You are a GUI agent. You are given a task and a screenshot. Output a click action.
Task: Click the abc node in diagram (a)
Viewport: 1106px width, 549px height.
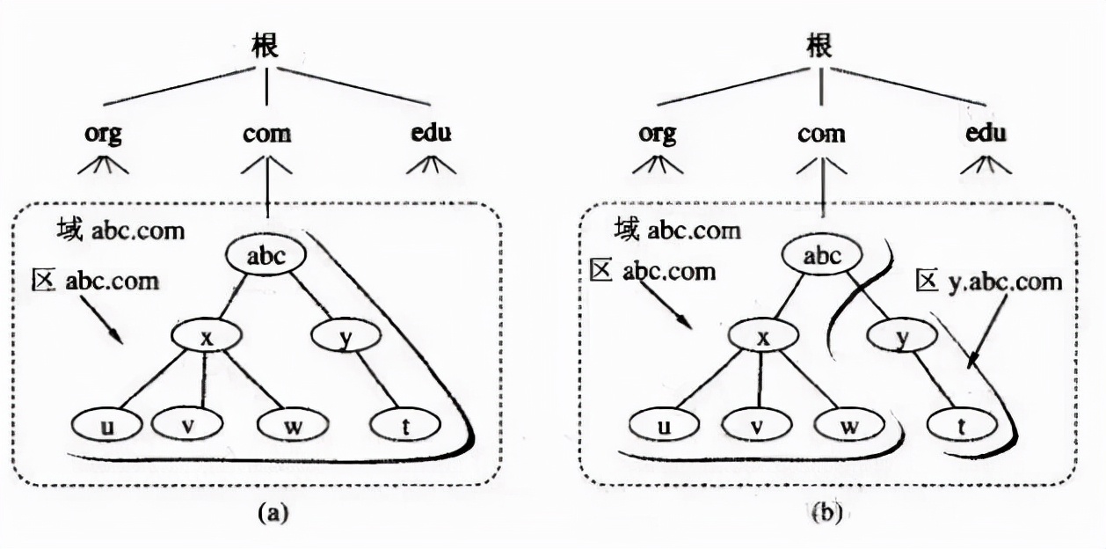266,256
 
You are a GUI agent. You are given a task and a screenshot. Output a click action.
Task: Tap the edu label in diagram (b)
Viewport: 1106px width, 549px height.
984,134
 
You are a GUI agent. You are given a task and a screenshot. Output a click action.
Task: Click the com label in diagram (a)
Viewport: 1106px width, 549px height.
266,134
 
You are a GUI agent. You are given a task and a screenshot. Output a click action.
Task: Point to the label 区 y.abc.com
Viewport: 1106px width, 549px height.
987,282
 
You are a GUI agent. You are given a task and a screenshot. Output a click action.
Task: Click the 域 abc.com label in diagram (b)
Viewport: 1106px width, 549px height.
677,231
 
